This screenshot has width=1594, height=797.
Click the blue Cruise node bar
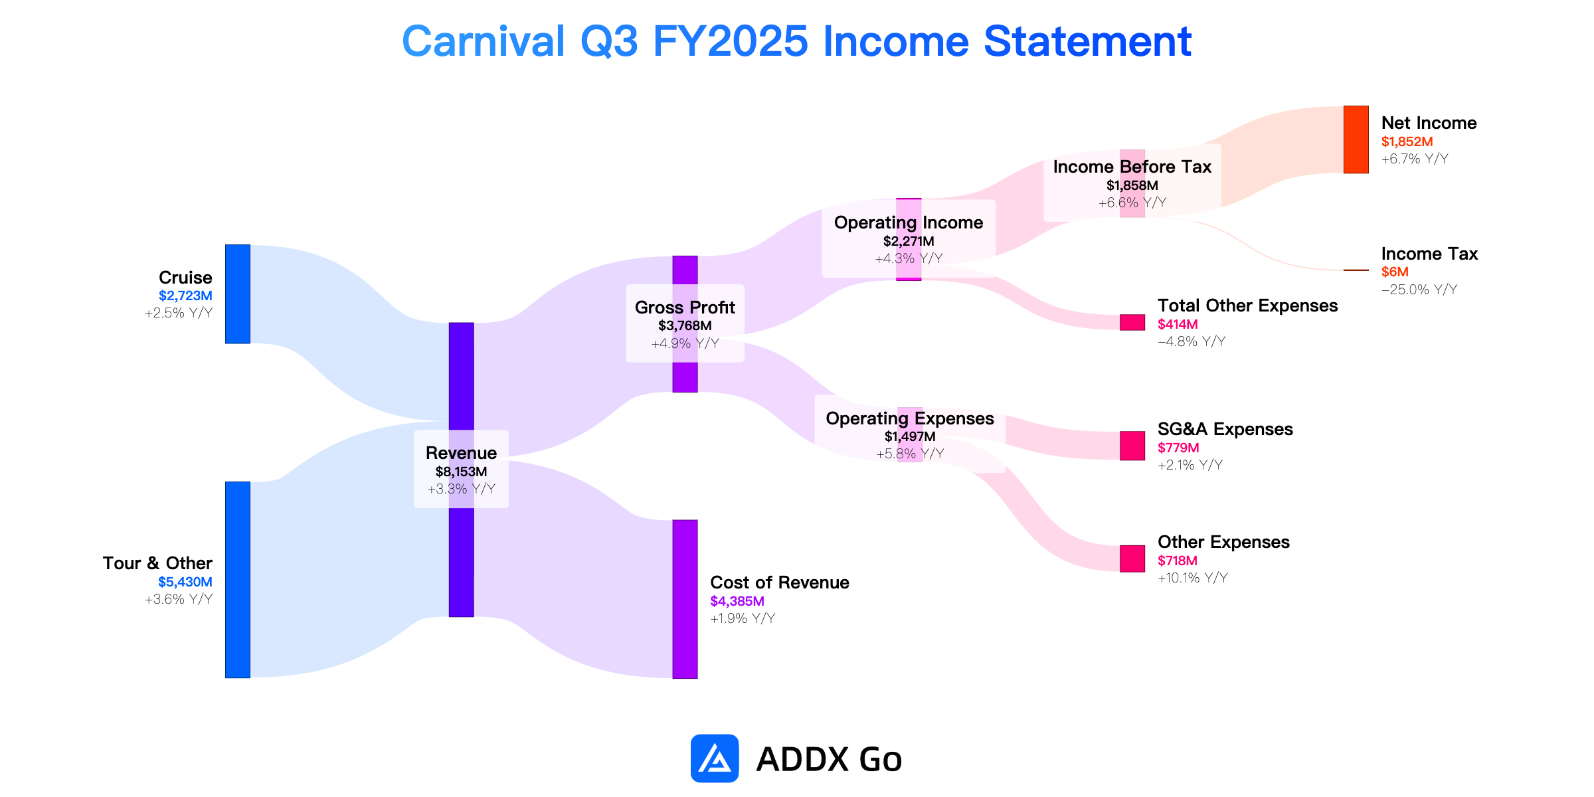tap(238, 294)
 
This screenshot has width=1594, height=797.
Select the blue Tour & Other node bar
tap(238, 580)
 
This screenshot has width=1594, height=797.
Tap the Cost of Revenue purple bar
tap(685, 599)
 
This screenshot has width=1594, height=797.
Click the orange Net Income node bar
tap(1356, 139)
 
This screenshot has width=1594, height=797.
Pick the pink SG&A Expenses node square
tap(1132, 446)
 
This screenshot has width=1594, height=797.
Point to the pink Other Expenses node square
tap(1132, 559)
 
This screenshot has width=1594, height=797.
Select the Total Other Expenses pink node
tap(1132, 322)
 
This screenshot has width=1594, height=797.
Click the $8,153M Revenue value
tap(461, 472)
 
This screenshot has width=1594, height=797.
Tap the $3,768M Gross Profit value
tap(685, 325)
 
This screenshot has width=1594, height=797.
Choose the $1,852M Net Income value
tap(1407, 141)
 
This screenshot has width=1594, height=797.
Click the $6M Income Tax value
tap(1395, 272)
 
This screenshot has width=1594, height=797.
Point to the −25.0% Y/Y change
tap(1419, 290)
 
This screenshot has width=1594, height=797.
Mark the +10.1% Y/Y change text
tap(1193, 578)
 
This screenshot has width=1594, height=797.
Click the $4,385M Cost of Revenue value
tap(737, 601)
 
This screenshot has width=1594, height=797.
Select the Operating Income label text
tap(909, 222)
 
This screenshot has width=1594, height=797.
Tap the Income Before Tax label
tap(1132, 167)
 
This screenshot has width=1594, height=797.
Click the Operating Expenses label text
tap(910, 418)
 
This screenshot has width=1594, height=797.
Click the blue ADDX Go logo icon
tap(715, 758)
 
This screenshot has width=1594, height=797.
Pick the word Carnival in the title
tap(484, 41)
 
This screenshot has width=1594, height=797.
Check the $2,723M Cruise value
tap(185, 296)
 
